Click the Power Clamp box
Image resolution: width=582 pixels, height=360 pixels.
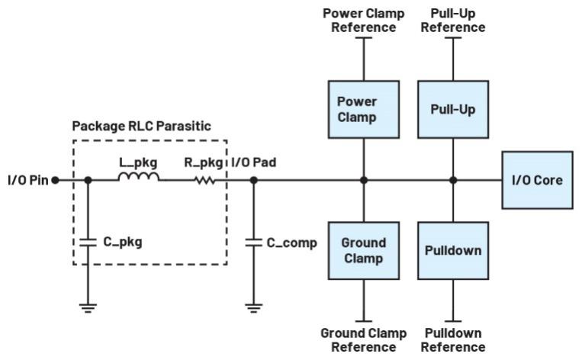tap(364, 110)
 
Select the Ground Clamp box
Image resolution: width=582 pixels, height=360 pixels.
tap(364, 251)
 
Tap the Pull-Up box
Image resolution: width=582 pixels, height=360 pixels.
tap(453, 110)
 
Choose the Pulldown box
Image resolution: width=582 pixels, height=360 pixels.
tap(453, 251)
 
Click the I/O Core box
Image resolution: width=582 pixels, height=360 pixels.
tap(537, 180)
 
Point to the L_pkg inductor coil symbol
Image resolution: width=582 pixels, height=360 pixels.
tap(139, 178)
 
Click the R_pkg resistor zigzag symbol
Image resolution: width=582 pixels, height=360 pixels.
tap(205, 180)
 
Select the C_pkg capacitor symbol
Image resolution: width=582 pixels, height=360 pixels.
tap(87, 242)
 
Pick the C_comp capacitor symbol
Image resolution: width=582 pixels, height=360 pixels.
tap(253, 242)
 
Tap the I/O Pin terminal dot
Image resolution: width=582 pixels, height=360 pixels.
tap(55, 181)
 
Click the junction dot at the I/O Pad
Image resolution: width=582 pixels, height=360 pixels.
tap(253, 181)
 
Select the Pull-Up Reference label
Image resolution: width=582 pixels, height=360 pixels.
tap(453, 21)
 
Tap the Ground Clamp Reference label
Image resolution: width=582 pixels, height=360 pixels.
tap(363, 340)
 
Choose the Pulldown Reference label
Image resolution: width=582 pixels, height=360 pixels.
tap(453, 340)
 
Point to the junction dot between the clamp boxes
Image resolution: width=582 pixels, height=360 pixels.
tap(364, 181)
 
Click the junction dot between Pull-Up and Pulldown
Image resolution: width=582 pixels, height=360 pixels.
tap(453, 181)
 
